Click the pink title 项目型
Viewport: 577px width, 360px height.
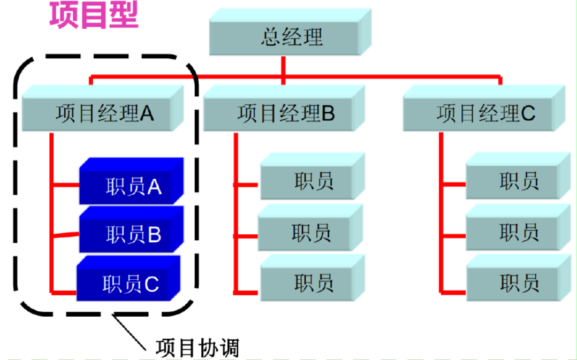[x=94, y=15]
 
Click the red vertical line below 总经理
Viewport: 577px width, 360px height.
[x=283, y=66]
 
